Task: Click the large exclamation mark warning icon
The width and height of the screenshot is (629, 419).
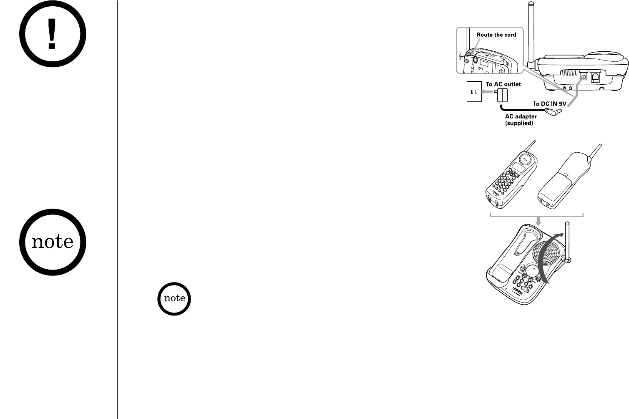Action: tap(52, 35)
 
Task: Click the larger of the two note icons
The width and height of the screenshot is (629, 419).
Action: tap(52, 242)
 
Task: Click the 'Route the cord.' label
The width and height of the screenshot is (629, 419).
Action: tap(497, 35)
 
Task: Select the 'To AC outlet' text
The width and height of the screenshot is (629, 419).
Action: tap(503, 84)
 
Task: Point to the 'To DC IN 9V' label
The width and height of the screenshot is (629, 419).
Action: tap(550, 103)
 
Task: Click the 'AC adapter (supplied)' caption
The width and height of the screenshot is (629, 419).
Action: tap(521, 120)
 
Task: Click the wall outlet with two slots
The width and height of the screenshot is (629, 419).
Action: tap(473, 92)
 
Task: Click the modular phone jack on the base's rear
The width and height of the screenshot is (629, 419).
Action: tap(595, 77)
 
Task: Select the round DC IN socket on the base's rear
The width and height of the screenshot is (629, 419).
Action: tap(584, 77)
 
